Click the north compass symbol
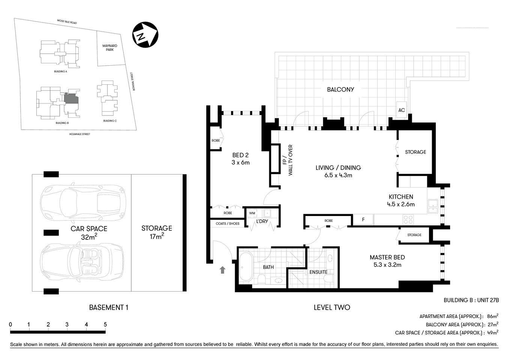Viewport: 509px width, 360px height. click(144, 35)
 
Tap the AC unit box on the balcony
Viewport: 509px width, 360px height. click(402, 110)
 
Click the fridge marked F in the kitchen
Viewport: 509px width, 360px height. click(363, 220)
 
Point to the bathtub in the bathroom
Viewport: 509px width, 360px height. click(246, 267)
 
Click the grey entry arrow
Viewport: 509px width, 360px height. click(222, 269)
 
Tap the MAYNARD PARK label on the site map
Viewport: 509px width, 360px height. click(110, 48)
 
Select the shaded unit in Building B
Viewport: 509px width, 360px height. click(71, 99)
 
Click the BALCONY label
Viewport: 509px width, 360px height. click(340, 90)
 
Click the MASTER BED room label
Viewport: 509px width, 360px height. click(387, 257)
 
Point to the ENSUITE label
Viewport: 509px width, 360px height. click(318, 272)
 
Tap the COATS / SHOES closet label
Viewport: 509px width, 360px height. click(227, 223)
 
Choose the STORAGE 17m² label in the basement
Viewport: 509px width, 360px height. click(156, 232)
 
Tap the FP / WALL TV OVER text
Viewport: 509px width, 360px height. click(287, 160)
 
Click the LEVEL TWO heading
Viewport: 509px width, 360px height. click(332, 307)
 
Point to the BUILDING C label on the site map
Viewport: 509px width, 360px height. click(110, 121)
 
